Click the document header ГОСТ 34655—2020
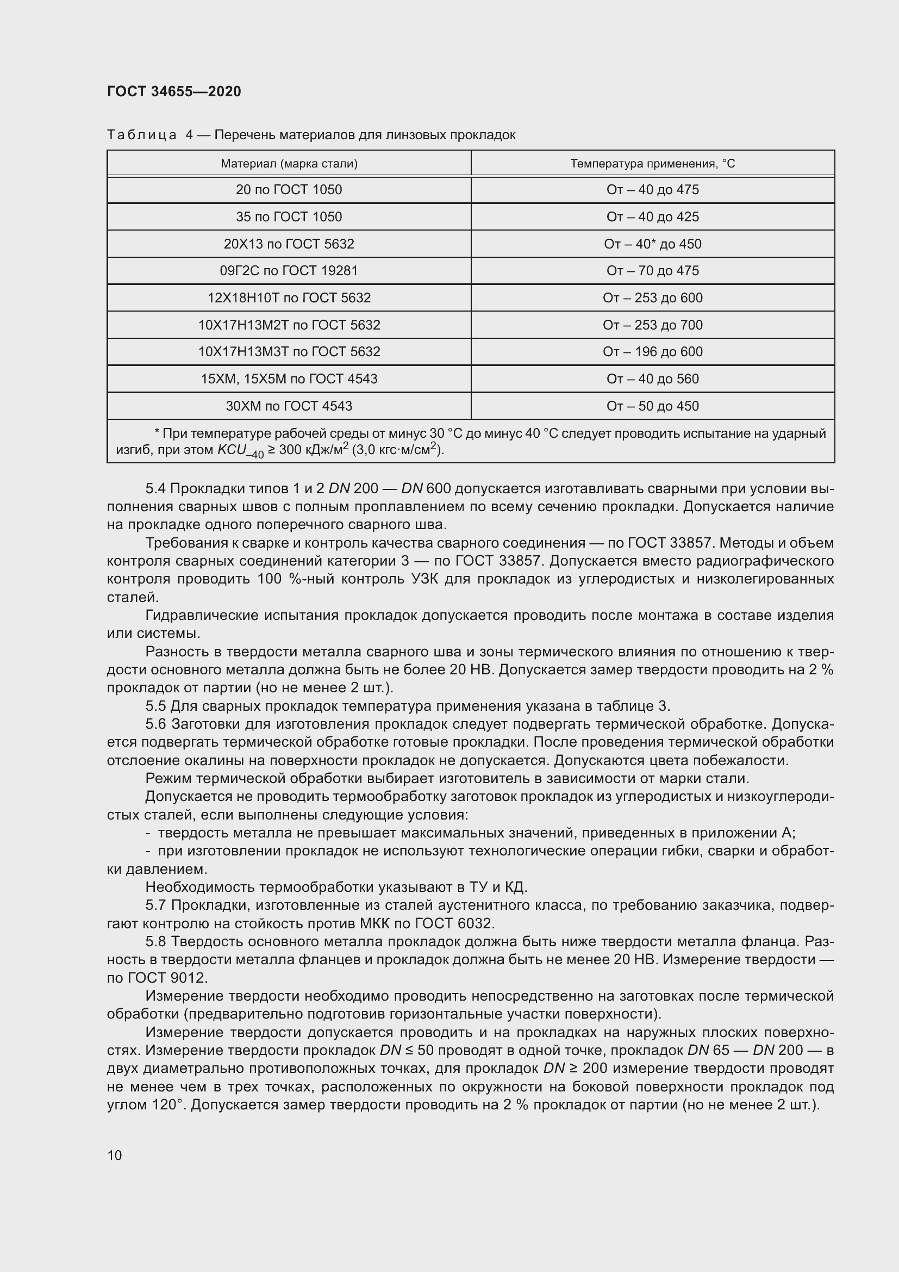174,91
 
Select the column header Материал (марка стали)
289,164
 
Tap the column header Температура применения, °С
653,164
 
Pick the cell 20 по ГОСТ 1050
289,189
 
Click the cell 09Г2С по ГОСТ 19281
289,270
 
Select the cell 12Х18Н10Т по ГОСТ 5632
289,297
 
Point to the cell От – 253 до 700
653,325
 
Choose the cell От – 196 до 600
653,351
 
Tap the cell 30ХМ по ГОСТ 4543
289,406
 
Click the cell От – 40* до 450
653,244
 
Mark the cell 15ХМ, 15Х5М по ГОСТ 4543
289,379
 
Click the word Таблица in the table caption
142,135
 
